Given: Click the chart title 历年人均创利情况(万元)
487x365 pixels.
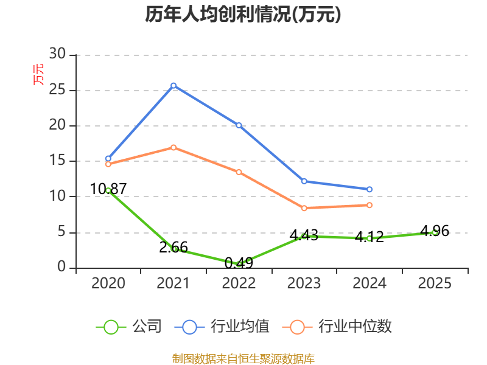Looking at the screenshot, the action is (x=243, y=14).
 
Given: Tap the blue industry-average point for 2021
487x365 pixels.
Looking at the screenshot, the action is (x=173, y=85).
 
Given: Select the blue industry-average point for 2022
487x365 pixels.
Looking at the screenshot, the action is (x=239, y=125).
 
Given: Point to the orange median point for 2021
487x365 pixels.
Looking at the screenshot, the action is (x=173, y=147).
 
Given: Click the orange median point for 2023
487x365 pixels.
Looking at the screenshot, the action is (x=304, y=208).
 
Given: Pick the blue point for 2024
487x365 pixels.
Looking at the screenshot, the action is (x=370, y=189).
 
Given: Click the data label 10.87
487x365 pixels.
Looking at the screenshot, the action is (x=108, y=189).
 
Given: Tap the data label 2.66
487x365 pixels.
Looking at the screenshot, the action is (x=173, y=248).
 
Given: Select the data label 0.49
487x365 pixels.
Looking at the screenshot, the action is (x=239, y=263).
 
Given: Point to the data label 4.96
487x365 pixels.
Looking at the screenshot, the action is (x=435, y=231).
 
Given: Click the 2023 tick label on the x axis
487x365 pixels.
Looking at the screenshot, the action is (x=304, y=283).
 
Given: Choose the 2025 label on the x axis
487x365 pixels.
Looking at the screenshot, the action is (x=435, y=283).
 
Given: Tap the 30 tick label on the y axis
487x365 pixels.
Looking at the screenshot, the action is (x=57, y=54).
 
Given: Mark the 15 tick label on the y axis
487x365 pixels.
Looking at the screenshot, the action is (x=57, y=160).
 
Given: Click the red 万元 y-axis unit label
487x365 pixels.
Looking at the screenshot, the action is (x=38, y=74).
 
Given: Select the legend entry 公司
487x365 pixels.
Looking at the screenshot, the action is (x=129, y=327).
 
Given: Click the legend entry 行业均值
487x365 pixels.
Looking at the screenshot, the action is (x=222, y=327).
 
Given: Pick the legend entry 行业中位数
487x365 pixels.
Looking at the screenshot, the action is (x=337, y=327).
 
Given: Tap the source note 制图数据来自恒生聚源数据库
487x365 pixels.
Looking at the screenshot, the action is (x=243, y=359).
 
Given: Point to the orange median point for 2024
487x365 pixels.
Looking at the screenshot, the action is (x=370, y=205).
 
